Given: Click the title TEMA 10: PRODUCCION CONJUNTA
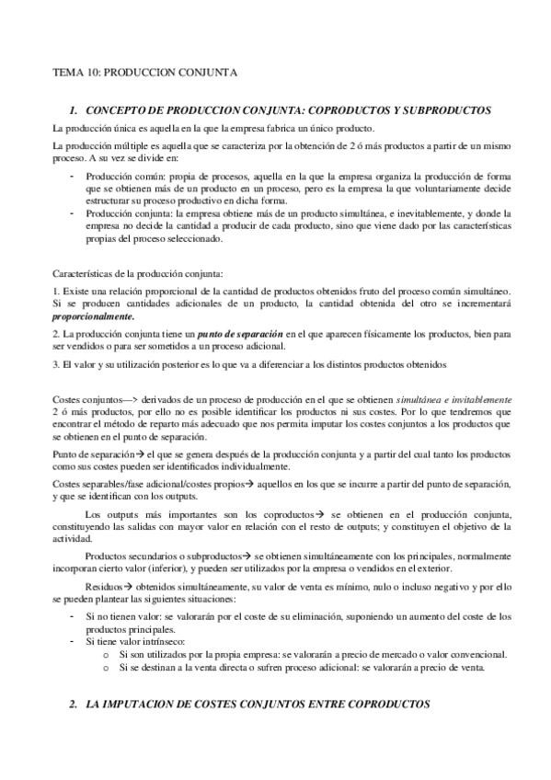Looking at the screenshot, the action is tap(144, 71).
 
